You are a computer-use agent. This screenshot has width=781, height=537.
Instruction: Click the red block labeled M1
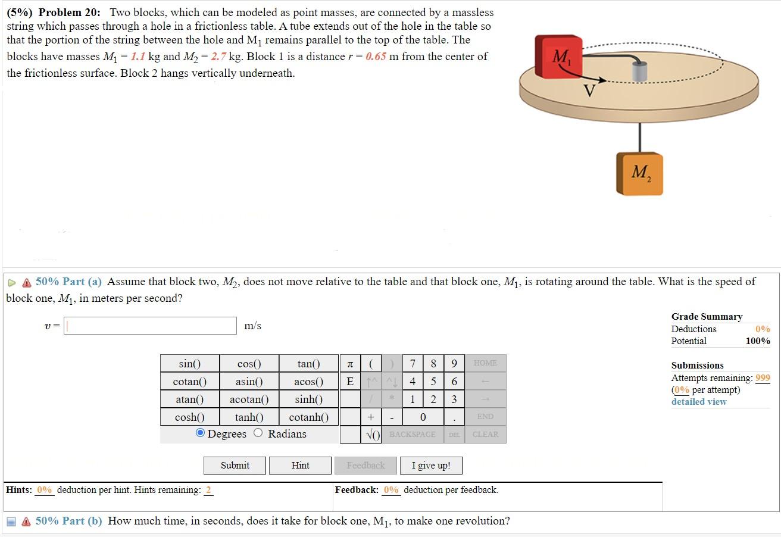pyautogui.click(x=557, y=57)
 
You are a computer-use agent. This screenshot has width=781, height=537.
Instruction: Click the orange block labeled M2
pyautogui.click(x=639, y=173)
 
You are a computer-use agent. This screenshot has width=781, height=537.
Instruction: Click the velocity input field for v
pyautogui.click(x=151, y=326)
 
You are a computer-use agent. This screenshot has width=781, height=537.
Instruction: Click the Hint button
pyautogui.click(x=300, y=466)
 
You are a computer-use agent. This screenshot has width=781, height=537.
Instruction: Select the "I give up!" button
pyautogui.click(x=431, y=466)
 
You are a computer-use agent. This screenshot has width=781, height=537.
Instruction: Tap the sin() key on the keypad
pyautogui.click(x=189, y=364)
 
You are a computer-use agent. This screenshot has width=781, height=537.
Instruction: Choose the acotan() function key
pyautogui.click(x=249, y=399)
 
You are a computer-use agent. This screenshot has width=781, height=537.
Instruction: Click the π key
pyautogui.click(x=350, y=364)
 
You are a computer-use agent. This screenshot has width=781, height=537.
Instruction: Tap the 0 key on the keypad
pyautogui.click(x=423, y=417)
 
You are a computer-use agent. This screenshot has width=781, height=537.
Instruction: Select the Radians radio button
pyautogui.click(x=258, y=433)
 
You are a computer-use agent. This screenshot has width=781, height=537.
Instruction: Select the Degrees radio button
pyautogui.click(x=201, y=433)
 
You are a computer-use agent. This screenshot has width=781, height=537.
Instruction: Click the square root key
pyautogui.click(x=373, y=435)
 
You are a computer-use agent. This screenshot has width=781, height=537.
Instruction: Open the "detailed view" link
pyautogui.click(x=699, y=402)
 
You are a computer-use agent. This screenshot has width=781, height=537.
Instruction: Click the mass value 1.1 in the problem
pyautogui.click(x=138, y=57)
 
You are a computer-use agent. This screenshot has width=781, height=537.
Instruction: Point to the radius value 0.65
pyautogui.click(x=377, y=57)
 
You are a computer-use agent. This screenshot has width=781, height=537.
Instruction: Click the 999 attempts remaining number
pyautogui.click(x=763, y=378)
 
